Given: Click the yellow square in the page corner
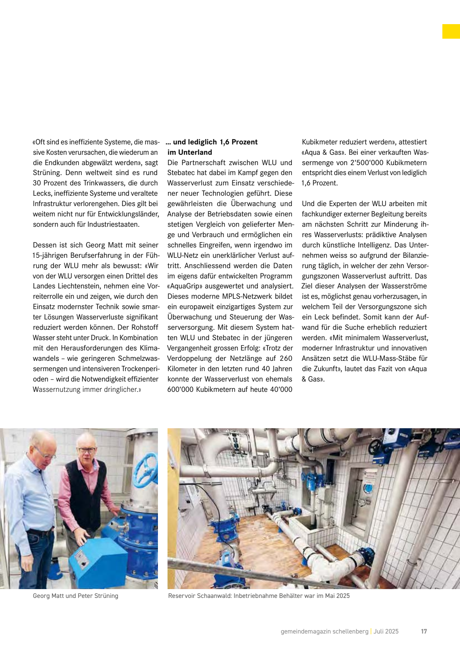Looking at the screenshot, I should (451, 31).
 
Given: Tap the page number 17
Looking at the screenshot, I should (424, 631).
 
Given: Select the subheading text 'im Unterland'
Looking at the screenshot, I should (190, 152).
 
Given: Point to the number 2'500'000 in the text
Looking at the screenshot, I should (369, 162).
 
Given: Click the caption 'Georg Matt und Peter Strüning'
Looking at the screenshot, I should (76, 596).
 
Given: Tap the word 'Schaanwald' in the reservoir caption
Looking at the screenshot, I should (214, 596).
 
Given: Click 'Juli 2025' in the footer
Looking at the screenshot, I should (386, 631).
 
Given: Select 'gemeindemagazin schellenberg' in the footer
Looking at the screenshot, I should (324, 631).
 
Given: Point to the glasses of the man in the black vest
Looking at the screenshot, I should (87, 450).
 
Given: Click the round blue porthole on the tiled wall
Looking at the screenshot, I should (368, 489).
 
